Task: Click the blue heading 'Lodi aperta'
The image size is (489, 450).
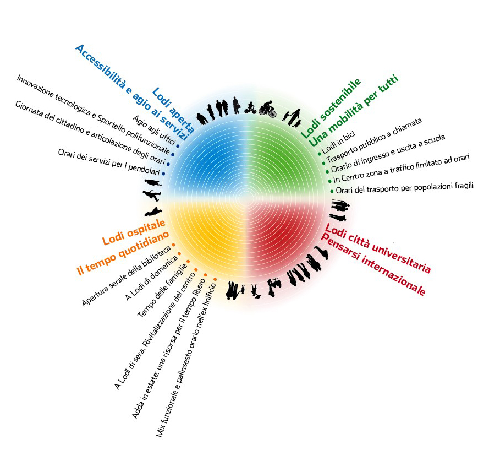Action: coord(173,110)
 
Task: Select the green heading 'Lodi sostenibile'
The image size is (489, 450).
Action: coord(331,108)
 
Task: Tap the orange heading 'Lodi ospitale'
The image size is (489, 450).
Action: coord(134,232)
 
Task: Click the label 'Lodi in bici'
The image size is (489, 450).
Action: coord(338,143)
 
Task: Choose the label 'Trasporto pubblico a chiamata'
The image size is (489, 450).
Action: coord(373,140)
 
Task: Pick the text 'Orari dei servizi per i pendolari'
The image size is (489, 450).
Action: coord(109,162)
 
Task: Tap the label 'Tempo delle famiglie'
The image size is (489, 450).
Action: coord(162,290)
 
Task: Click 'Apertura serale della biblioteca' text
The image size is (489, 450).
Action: coord(127,276)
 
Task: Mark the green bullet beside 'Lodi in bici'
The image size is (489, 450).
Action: coord(320,154)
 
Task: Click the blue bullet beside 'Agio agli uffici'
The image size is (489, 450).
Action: coord(178,146)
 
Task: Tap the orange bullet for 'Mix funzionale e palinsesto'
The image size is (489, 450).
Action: coord(215,279)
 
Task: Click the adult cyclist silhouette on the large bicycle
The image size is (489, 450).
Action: coord(268,109)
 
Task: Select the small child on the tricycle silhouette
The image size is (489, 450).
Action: coord(250,108)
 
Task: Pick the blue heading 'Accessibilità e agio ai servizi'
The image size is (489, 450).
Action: coord(131,93)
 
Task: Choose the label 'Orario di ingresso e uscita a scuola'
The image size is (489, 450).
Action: coord(388,154)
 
